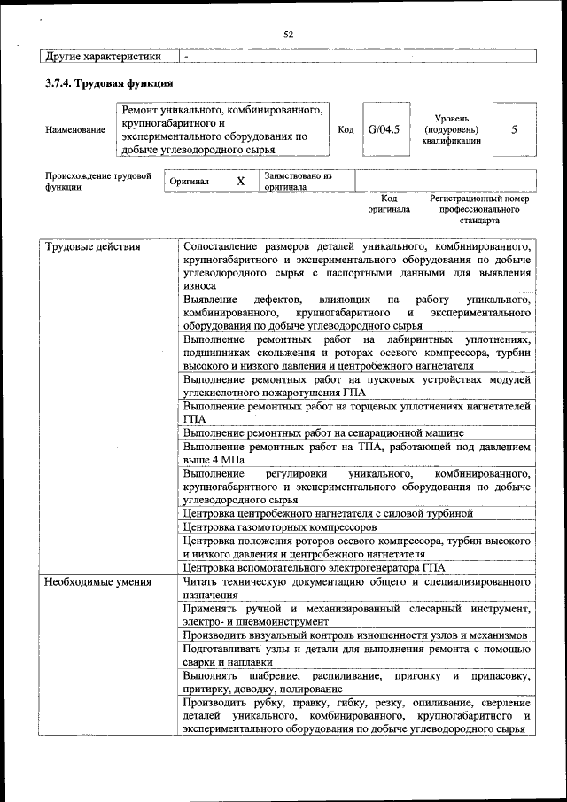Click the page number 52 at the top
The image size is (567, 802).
coord(288,34)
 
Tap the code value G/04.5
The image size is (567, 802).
coord(384,129)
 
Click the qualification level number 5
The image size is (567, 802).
coord(514,129)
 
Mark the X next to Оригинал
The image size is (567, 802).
coord(240,181)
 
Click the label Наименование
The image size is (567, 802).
coord(74,130)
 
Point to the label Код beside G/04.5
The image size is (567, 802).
coord(346,129)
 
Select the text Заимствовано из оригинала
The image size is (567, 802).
coord(298,182)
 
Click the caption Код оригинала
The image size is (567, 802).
coord(389,205)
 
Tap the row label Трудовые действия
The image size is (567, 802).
coord(93,246)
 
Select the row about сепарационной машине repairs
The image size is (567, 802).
coord(323,433)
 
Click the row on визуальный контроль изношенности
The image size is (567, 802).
coord(354,635)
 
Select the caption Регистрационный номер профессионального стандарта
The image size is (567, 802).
coord(478,209)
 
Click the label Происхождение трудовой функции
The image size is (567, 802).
coord(98,182)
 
